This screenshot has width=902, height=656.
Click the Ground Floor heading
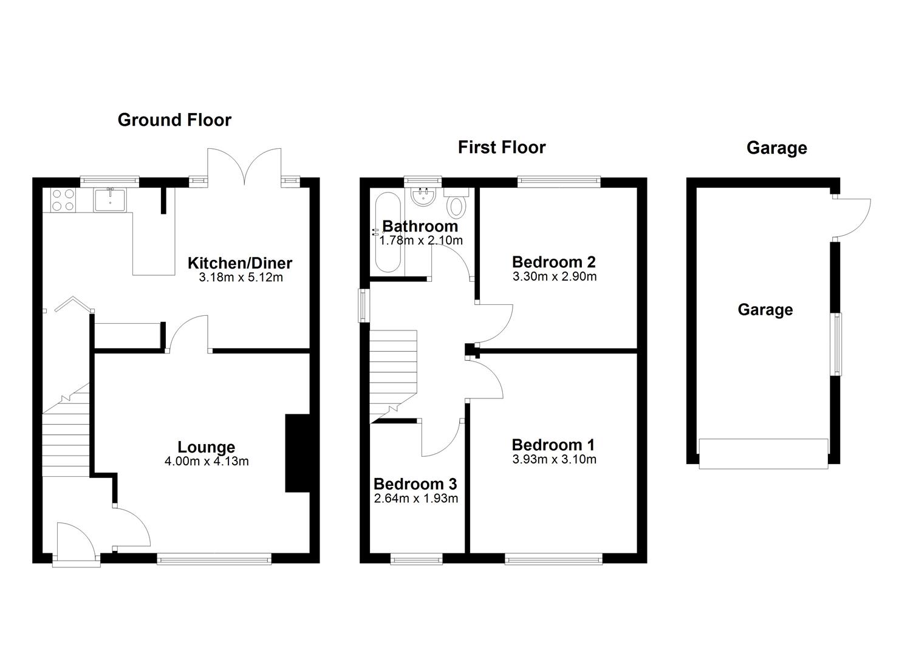tap(174, 120)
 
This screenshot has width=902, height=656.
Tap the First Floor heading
tap(502, 148)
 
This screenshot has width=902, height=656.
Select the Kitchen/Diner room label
tap(240, 263)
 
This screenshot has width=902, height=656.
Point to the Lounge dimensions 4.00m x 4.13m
tap(207, 461)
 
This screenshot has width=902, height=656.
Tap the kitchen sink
tap(110, 200)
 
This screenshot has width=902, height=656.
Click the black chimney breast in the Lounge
tap(298, 453)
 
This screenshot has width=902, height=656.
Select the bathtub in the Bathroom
tap(388, 233)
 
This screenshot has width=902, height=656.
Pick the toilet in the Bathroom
tap(456, 203)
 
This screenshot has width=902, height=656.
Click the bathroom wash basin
tap(423, 197)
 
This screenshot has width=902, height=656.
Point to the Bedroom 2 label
tap(554, 262)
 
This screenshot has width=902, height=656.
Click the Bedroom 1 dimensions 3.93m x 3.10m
tap(554, 459)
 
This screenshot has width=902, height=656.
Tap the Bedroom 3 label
tap(415, 483)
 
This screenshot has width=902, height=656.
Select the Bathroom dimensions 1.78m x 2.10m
tap(421, 241)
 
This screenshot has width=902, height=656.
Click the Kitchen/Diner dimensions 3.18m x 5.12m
tap(241, 278)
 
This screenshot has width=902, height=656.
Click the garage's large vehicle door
tap(764, 454)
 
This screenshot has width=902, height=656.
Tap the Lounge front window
tap(214, 559)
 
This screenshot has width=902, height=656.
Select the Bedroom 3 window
tap(416, 559)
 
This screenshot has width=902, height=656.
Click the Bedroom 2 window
tap(559, 182)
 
